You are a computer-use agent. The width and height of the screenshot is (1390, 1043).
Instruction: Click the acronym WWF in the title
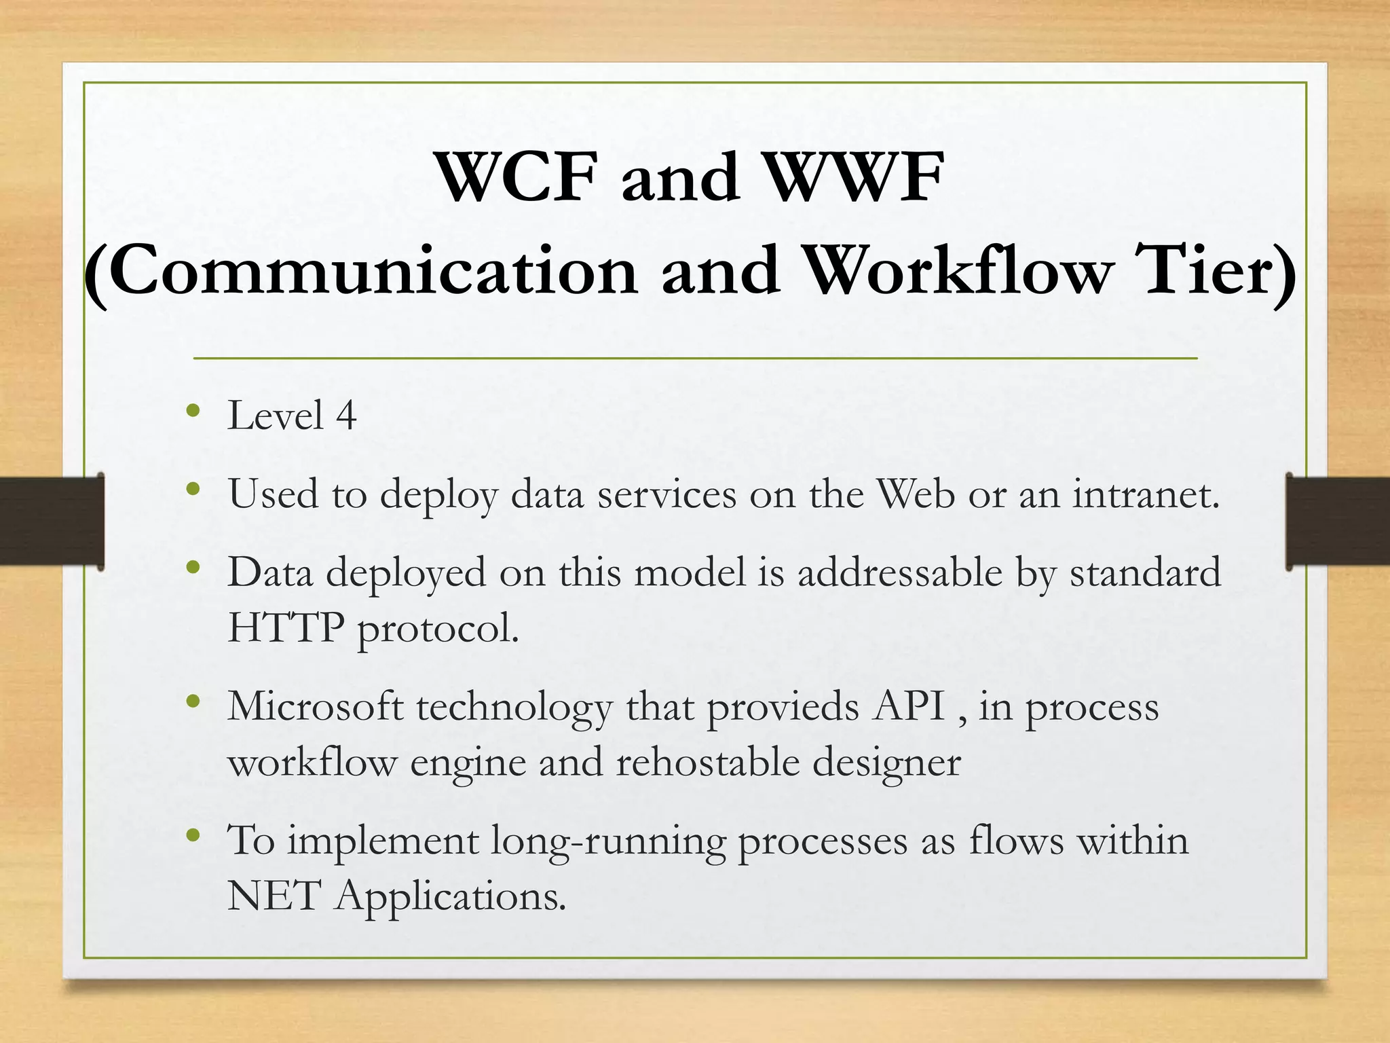[857, 178]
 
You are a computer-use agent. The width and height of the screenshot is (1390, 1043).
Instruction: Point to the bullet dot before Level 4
[194, 410]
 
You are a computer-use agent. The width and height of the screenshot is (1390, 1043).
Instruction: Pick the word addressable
[900, 572]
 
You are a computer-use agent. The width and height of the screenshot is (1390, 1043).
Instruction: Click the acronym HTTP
[286, 628]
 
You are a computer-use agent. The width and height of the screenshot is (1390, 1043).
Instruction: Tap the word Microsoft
[316, 707]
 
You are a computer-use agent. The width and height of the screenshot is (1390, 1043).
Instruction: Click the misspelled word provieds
[783, 707]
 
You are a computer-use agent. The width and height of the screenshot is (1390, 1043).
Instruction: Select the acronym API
[910, 707]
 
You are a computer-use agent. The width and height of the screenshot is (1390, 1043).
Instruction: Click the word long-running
[608, 841]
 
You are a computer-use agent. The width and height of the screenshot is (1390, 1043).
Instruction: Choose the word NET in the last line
[274, 896]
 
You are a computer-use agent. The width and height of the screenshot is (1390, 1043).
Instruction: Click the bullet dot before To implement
[194, 835]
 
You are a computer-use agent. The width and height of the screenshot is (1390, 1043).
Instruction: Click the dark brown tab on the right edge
[1338, 521]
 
